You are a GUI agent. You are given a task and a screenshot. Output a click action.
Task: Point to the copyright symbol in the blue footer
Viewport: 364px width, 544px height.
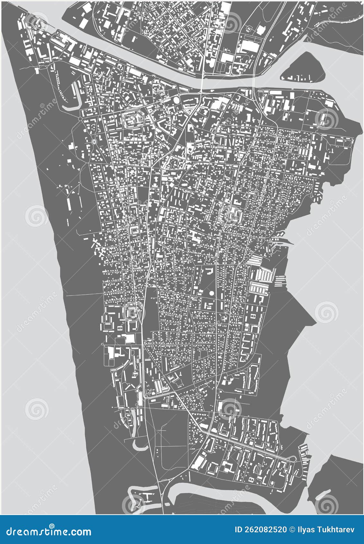[293, 530]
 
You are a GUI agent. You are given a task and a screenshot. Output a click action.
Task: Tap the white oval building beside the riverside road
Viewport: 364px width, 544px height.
[177, 101]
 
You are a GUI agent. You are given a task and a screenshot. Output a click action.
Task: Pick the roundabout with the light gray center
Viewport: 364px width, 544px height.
[94, 141]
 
